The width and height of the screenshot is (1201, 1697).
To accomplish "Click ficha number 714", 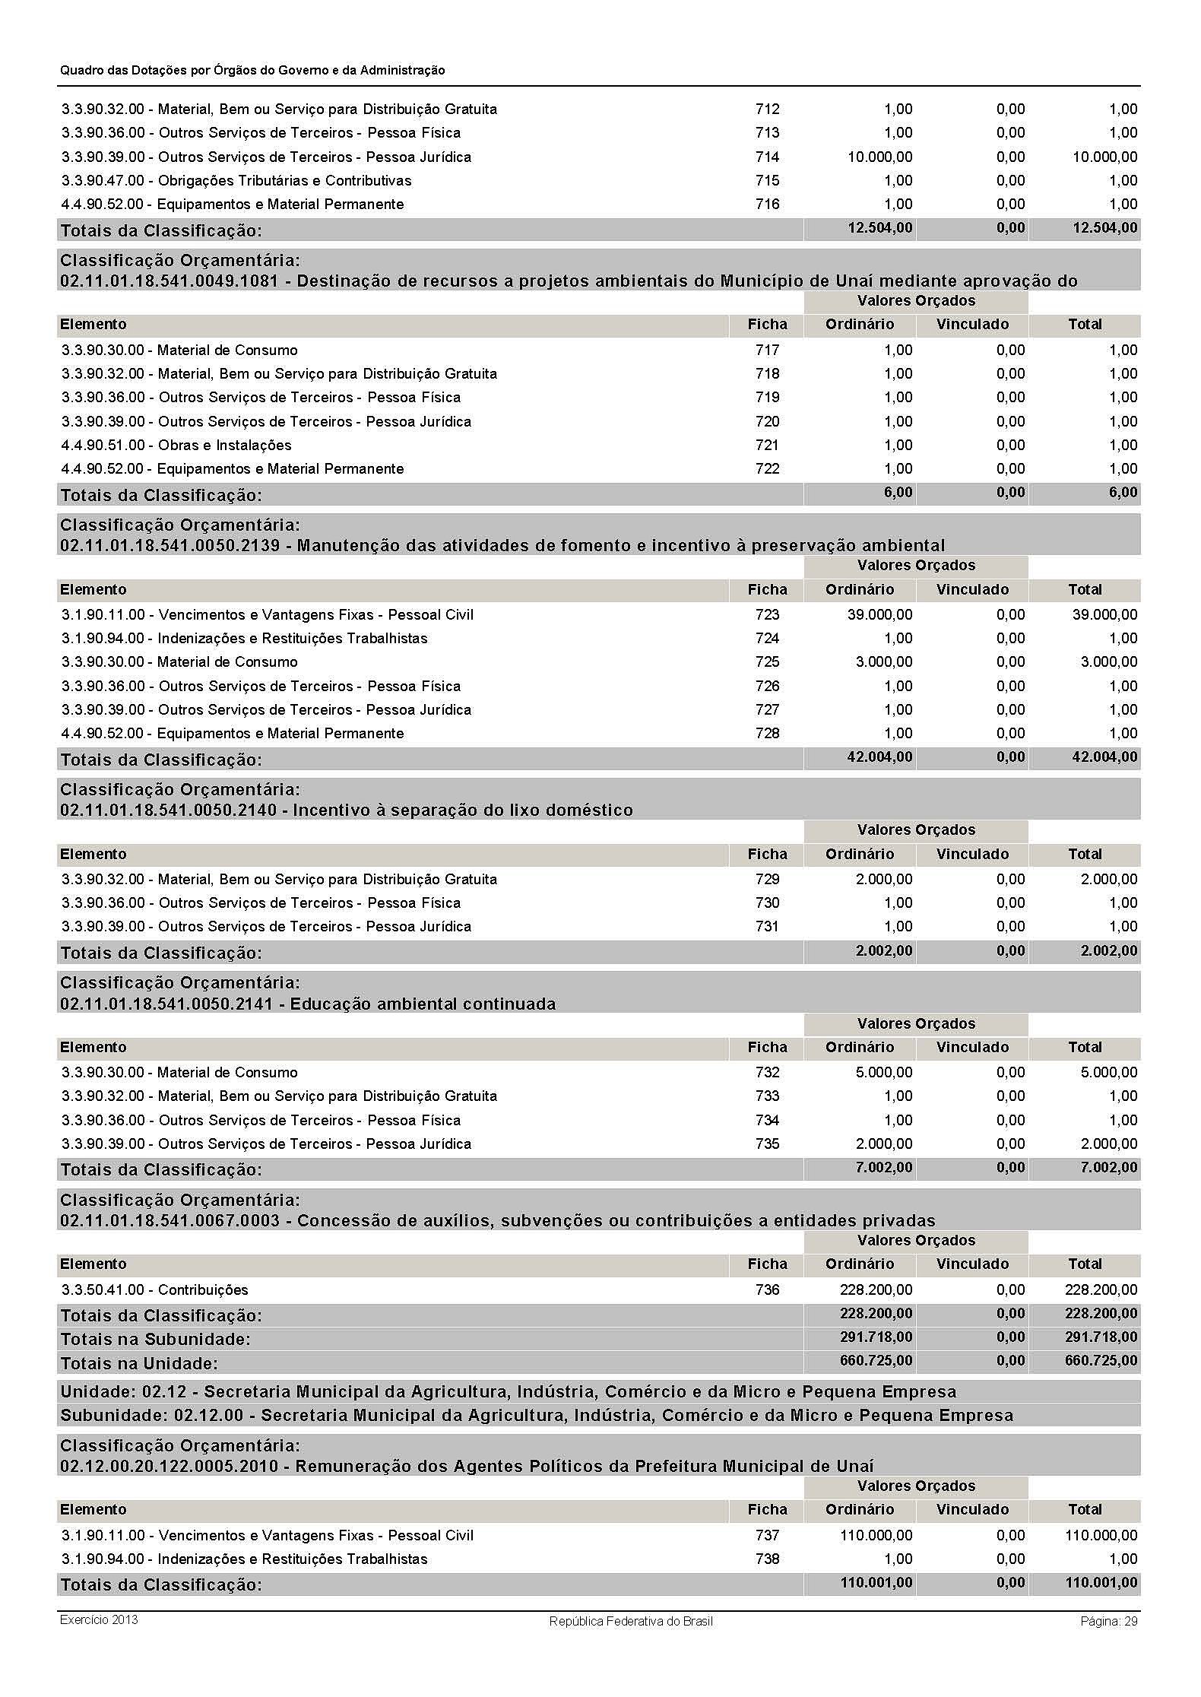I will (767, 157).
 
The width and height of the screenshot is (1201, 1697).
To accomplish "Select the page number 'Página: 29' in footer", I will (1108, 1621).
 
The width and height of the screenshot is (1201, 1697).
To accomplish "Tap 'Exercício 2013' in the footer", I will (99, 1619).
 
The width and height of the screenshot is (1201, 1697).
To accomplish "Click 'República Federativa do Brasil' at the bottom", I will (630, 1621).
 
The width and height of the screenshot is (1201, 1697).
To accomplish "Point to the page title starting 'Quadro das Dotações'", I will (252, 70).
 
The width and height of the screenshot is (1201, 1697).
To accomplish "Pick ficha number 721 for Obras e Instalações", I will (767, 446).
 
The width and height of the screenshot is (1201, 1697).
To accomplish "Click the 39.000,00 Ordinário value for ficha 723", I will (879, 614).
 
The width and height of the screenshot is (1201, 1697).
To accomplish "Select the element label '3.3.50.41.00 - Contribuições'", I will (155, 1289).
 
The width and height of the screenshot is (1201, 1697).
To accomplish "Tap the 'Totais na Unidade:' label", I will (139, 1362).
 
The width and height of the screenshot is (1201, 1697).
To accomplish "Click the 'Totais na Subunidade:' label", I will (155, 1339).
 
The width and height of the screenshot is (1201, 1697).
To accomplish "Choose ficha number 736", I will (767, 1289).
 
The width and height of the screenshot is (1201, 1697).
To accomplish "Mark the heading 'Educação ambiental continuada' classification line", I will (308, 1004).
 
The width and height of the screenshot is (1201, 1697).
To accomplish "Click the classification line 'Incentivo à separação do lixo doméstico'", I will (346, 810).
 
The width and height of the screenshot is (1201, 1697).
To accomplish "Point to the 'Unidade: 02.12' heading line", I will (508, 1391).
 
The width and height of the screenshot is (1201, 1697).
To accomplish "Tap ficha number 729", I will (767, 880).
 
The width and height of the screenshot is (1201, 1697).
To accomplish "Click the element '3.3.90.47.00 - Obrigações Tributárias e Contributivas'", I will (236, 181).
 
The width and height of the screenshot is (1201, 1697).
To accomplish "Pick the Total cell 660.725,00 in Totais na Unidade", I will (1101, 1361).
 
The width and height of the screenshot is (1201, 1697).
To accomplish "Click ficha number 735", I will (767, 1143).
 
